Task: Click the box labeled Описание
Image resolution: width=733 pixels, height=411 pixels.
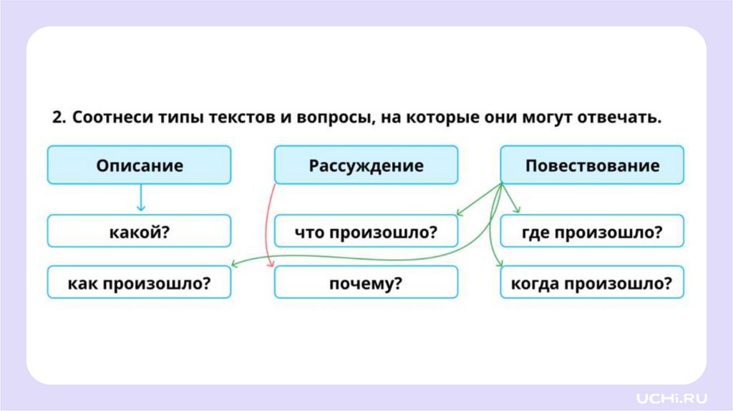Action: pos(140,165)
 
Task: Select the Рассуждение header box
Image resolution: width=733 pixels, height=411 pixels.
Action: pos(366,165)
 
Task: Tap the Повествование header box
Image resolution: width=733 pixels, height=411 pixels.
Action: pos(591,165)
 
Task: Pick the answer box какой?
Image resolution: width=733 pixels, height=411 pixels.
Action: pos(140,231)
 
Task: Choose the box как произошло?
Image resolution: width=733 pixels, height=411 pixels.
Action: pos(140,282)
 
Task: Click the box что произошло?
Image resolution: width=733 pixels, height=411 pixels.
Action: pos(366,231)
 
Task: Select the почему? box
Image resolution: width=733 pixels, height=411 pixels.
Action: pos(366,282)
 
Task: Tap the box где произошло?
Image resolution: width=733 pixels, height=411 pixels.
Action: pos(591,231)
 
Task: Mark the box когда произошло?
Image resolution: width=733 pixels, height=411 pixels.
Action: pos(591,282)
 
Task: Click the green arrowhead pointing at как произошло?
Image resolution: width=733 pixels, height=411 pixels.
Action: pos(236,265)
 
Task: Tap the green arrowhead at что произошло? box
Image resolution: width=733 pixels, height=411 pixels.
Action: pos(460,212)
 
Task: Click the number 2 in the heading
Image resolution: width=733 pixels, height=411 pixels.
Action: pos(57,118)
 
